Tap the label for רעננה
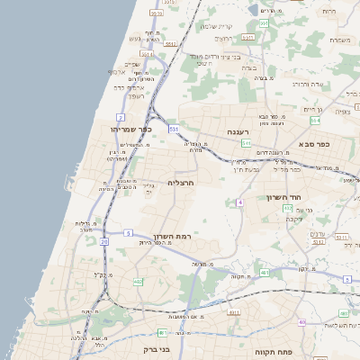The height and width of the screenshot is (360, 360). click(237, 132)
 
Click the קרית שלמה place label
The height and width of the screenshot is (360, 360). click(216, 25)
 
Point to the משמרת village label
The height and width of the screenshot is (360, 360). click(339, 40)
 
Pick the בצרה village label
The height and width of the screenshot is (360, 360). click(249, 67)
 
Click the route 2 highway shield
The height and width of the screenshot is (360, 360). click(121, 117)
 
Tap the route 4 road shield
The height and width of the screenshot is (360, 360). click(240, 202)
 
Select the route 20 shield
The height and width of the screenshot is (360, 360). click(104, 241)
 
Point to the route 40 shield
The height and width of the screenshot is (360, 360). click(302, 321)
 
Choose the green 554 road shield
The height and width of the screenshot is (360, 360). click(315, 120)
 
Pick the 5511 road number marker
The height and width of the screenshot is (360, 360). click(148, 54)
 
